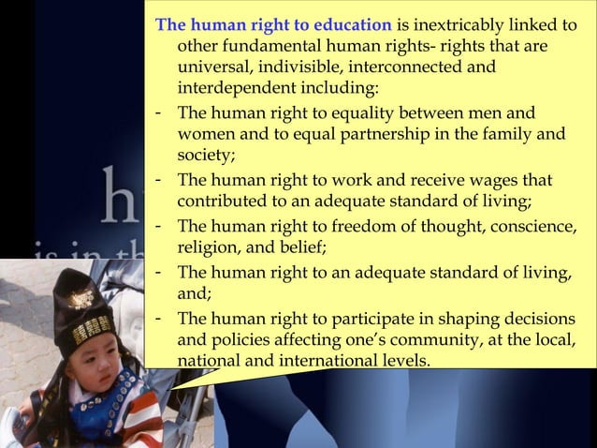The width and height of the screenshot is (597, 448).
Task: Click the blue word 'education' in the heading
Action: click(345, 23)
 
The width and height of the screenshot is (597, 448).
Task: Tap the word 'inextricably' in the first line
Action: click(459, 23)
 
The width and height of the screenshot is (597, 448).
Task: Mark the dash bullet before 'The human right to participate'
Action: click(160, 315)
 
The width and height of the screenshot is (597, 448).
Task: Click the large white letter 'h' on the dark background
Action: click(121, 198)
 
